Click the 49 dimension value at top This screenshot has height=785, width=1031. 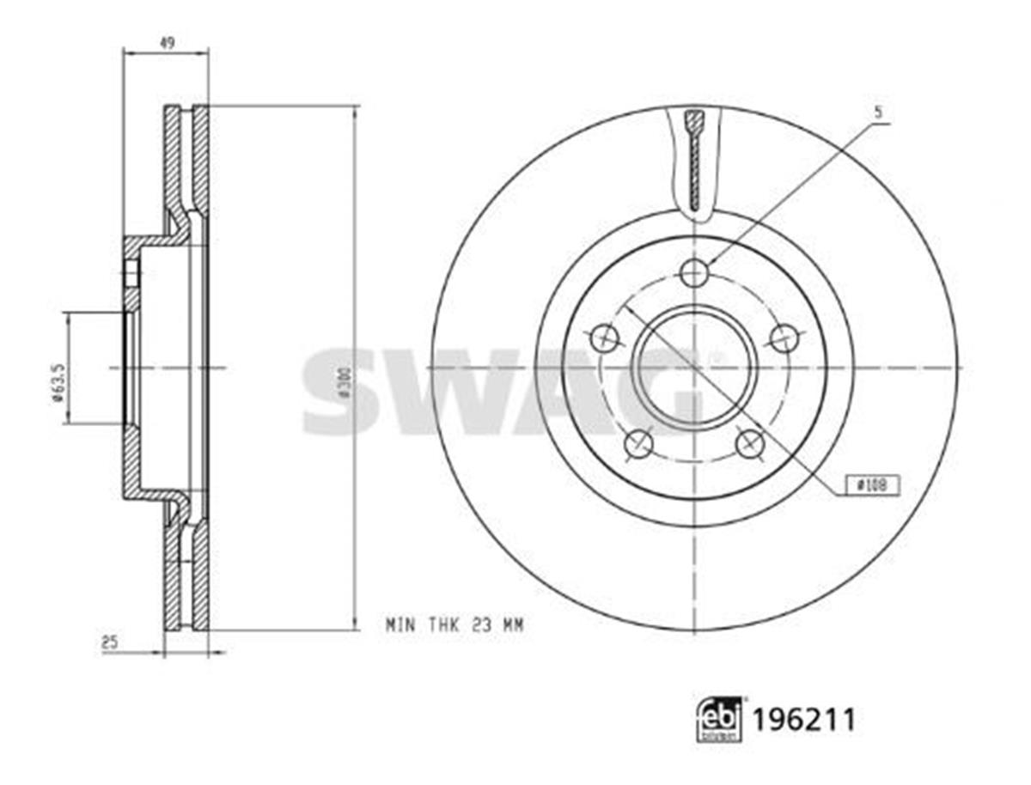point(168,43)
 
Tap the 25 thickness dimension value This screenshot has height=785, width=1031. point(109,641)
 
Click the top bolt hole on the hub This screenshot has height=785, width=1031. point(693,274)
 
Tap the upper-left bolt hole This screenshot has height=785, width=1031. point(604,338)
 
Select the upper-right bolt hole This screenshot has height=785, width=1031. point(784,338)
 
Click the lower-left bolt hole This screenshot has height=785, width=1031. point(638,444)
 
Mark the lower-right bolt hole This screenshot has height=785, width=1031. point(750,444)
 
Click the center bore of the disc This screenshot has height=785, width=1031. point(694,368)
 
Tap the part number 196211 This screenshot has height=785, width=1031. point(804,720)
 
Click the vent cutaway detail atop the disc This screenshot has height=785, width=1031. point(694,159)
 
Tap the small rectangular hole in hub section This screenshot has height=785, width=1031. point(131,274)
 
